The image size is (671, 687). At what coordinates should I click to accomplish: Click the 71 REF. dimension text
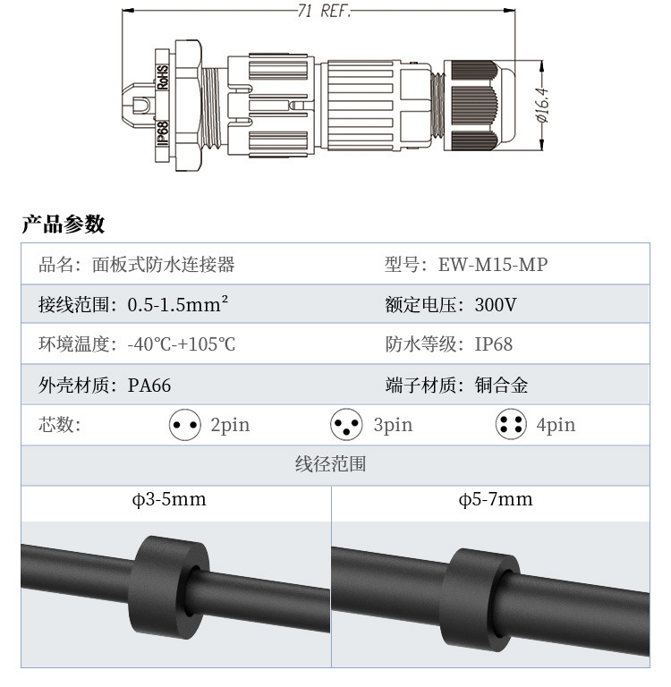323,12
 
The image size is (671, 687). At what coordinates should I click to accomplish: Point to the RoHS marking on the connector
164,79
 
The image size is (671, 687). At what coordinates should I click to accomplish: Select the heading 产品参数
64,224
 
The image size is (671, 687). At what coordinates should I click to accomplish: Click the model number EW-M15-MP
493,265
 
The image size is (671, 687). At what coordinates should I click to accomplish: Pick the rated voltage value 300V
496,305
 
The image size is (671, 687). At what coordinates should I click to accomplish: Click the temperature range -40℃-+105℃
182,344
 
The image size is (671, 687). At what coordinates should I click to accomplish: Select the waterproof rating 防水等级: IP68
449,344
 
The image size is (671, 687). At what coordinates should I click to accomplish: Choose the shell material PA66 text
149,386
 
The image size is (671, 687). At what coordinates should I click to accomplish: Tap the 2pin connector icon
185,425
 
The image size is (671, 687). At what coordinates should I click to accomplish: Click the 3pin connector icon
347,425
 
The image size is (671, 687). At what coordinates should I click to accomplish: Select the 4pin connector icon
511,425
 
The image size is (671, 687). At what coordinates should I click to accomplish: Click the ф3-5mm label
169,500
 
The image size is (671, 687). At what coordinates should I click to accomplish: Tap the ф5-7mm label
496,500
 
